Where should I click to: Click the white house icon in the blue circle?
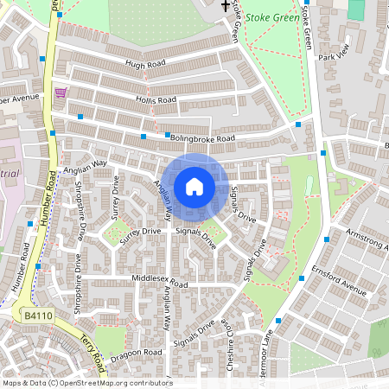click(194, 187)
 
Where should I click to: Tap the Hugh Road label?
click(143, 64)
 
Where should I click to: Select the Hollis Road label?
click(155, 100)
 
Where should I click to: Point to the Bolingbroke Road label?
click(202, 138)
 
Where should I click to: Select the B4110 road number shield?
click(37, 317)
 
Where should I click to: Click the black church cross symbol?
click(226, 7)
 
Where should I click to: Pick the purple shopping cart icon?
click(61, 93)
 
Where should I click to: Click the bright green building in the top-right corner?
click(356, 9)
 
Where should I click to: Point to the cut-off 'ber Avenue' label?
click(20, 99)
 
